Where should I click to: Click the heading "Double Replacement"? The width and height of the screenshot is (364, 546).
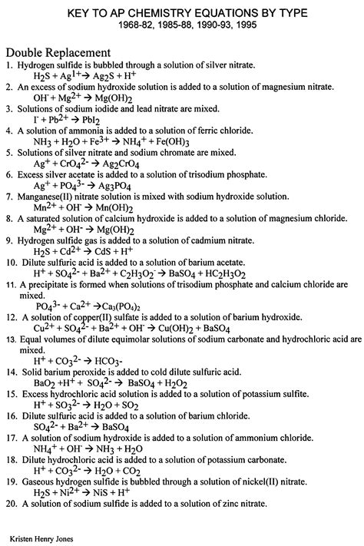click(58, 52)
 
